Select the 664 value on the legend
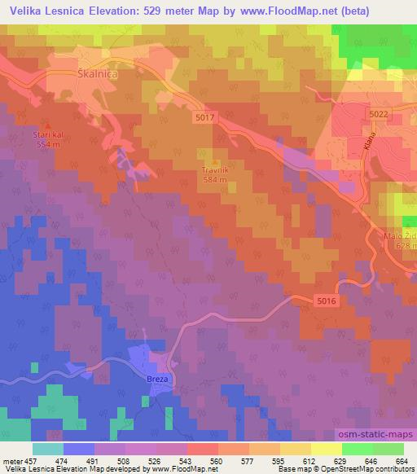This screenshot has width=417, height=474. (x=402, y=460)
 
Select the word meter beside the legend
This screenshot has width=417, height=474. (x=9, y=460)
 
